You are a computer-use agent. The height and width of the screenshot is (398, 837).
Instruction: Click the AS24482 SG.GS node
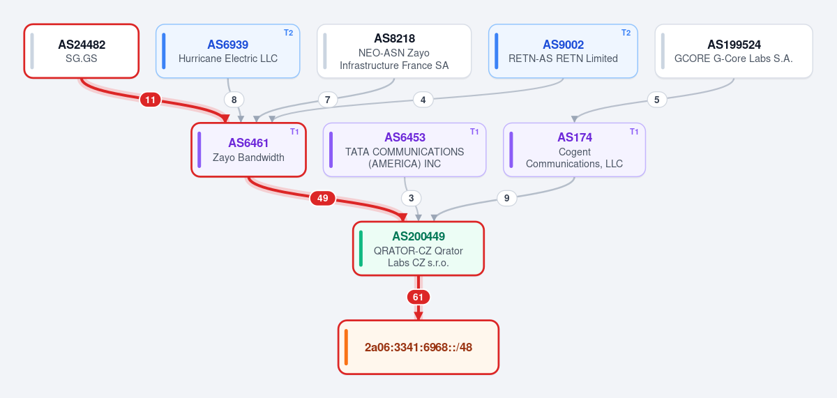pos(82,51)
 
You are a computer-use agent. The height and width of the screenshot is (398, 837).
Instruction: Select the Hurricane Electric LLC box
pos(228,51)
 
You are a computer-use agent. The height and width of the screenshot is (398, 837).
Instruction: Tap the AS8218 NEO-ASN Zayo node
pos(394,51)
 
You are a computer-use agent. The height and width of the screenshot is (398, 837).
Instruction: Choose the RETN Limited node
pos(563,51)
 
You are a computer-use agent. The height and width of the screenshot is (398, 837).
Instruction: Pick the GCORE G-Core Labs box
pos(734,51)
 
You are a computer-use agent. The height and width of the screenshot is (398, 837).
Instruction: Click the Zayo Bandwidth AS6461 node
pos(248,150)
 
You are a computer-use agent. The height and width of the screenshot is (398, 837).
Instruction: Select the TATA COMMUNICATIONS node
pos(405,150)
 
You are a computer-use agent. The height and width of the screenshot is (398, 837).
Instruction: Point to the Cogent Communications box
pos(574,150)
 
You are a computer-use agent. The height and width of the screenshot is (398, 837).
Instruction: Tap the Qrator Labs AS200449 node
pos(418,249)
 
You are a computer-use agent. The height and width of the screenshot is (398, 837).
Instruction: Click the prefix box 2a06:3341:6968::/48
pos(418,347)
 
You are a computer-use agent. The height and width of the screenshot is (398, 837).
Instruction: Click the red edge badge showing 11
pos(150,100)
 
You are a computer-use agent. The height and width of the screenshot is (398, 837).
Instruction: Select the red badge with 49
pos(322,198)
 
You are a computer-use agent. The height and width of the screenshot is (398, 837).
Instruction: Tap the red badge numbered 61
pos(418,297)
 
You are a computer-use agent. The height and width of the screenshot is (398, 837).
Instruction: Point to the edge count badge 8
pos(234,100)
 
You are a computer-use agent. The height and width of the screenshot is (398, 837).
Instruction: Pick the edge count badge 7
pos(328,100)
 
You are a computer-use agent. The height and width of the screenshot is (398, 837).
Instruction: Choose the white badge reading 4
pos(423,100)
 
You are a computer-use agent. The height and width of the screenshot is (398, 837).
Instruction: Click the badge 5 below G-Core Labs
pos(657,100)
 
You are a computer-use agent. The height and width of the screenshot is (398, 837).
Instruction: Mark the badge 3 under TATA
pos(411,198)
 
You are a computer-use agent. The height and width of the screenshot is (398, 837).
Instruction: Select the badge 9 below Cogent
pos(506,198)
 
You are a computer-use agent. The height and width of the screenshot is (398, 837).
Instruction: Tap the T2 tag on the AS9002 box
pos(626,33)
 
